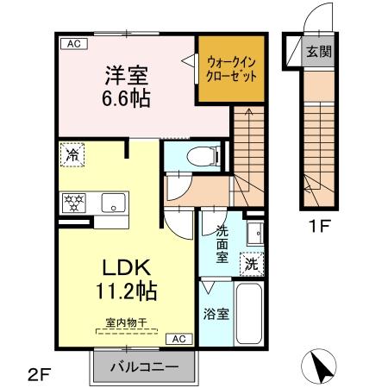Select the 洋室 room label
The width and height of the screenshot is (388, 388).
125,74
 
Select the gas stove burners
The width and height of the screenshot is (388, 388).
73,203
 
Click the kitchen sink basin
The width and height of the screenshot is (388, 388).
111,204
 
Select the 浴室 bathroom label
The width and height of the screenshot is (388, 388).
216,313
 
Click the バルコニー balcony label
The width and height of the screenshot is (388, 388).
145,366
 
